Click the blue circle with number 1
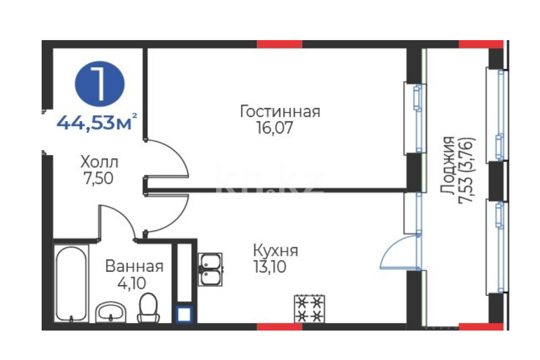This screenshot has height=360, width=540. click(x=100, y=84)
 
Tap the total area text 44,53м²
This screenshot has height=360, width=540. click(x=97, y=122)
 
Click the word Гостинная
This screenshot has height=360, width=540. click(x=279, y=112)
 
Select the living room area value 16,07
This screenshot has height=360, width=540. click(x=274, y=128)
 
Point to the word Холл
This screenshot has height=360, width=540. click(x=99, y=162)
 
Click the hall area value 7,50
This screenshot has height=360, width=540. click(x=99, y=178)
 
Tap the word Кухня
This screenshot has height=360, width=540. click(x=275, y=250)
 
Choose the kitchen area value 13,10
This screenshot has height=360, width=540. click(x=270, y=267)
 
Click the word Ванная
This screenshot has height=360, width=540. click(x=134, y=267)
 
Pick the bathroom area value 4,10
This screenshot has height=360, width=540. click(x=132, y=283)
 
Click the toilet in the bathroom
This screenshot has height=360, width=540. click(x=148, y=308)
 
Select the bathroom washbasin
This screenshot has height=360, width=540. click(x=110, y=312)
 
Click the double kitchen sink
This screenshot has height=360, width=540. click(x=210, y=270)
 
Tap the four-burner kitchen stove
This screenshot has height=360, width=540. click(x=309, y=309)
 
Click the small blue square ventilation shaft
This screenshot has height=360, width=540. click(x=184, y=314)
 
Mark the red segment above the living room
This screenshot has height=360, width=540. click(x=279, y=44)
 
